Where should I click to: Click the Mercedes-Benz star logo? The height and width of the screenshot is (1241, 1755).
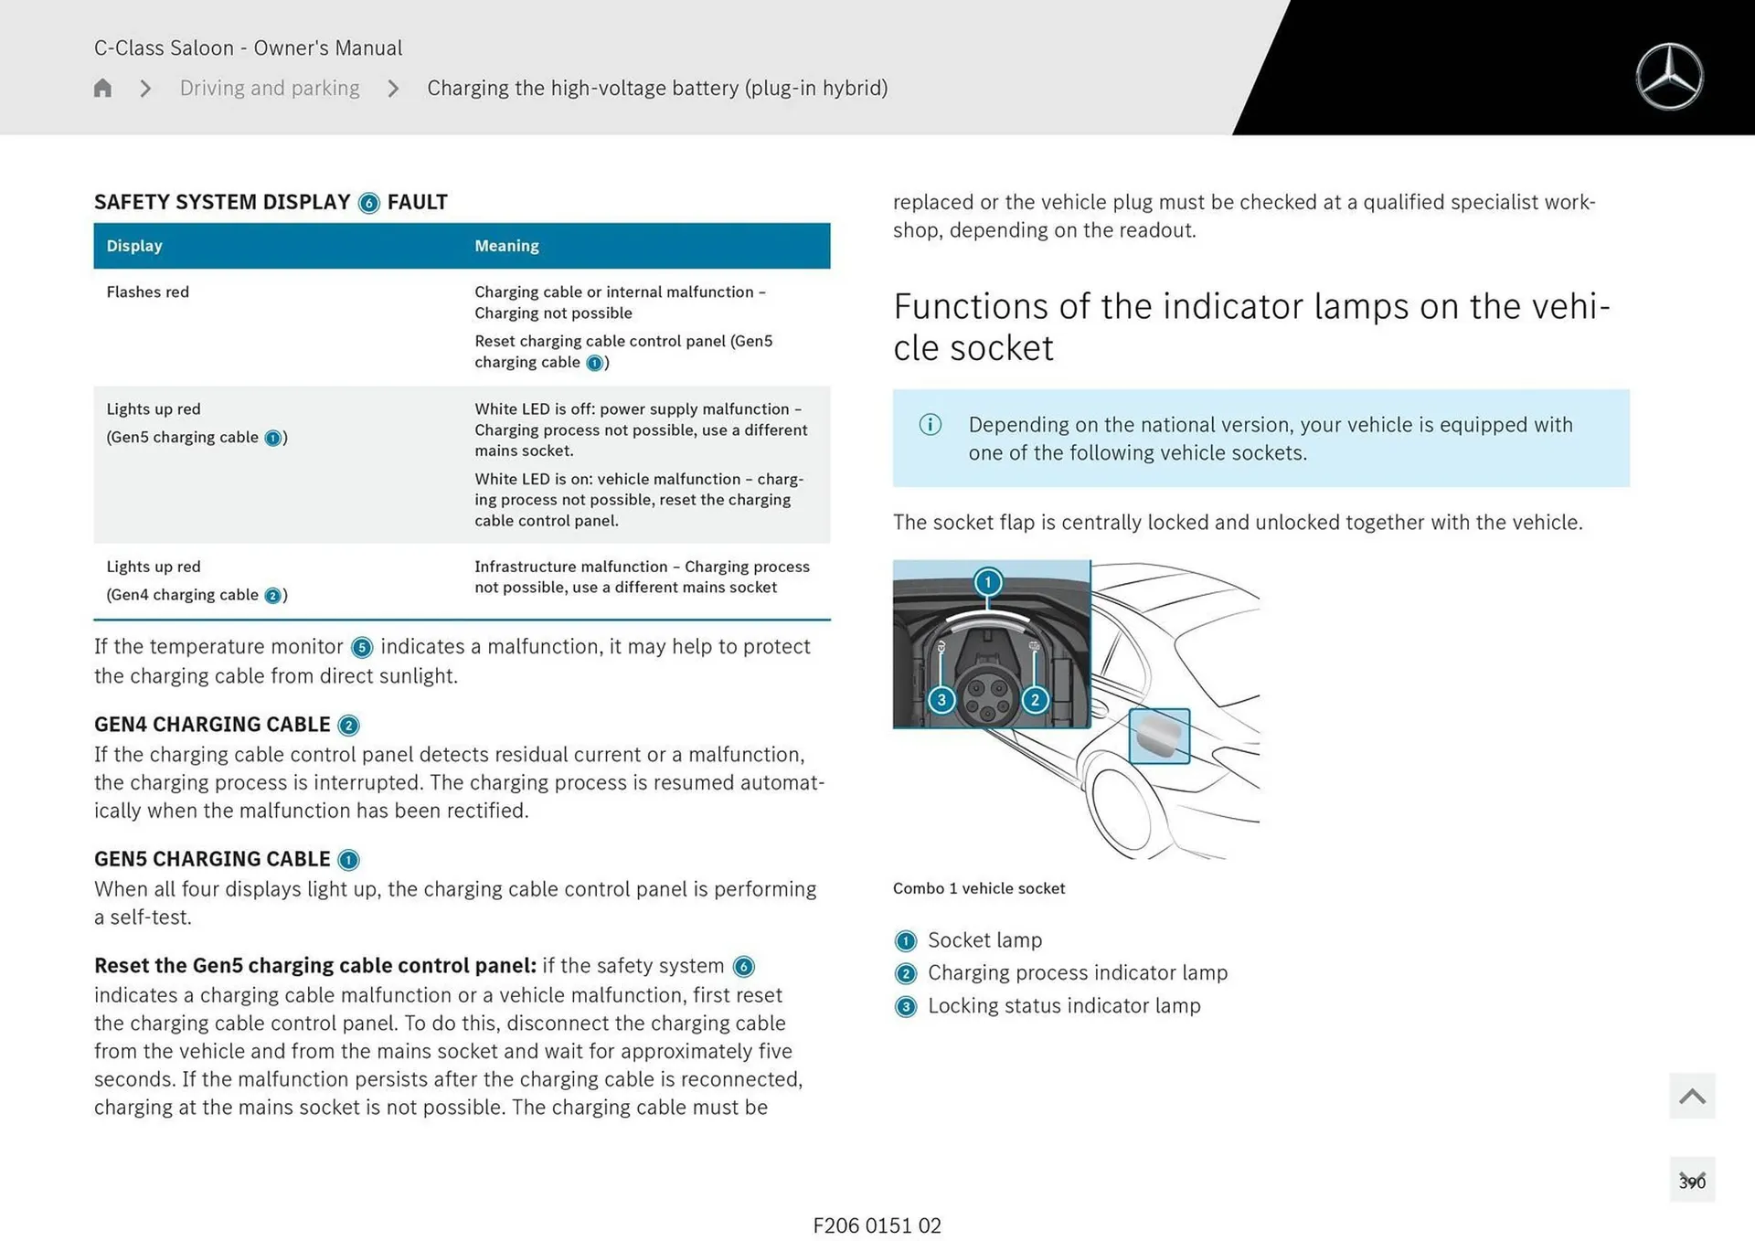tap(1669, 77)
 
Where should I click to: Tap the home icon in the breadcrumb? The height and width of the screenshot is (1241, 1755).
tap(102, 88)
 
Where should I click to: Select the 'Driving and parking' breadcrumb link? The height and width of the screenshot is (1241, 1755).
tap(270, 88)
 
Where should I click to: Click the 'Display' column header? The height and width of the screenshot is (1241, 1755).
tap(134, 246)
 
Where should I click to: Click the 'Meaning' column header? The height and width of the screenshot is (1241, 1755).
tap(506, 246)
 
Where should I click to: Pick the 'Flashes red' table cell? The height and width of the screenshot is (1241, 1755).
tap(148, 292)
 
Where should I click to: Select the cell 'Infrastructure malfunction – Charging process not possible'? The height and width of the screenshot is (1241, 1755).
tap(641, 577)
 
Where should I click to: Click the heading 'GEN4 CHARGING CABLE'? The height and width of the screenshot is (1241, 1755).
tap(212, 725)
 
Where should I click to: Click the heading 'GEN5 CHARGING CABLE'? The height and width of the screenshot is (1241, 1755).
tap(212, 859)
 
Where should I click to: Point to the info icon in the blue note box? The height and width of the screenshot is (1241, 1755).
tap(930, 425)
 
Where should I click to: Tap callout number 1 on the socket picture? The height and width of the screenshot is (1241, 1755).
tap(987, 582)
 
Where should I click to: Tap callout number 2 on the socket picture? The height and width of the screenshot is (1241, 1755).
tap(1035, 700)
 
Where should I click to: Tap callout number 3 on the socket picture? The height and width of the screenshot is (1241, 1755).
tap(941, 700)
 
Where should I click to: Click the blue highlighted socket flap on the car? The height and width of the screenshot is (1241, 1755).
tap(1159, 736)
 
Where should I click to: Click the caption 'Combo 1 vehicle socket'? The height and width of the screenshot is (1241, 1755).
tap(978, 888)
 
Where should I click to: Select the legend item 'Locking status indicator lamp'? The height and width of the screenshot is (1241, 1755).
tap(1063, 1006)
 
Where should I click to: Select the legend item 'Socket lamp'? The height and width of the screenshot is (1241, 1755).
tap(984, 940)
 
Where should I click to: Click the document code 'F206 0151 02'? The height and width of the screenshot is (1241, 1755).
tap(877, 1225)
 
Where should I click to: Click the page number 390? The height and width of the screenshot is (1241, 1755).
tap(1691, 1182)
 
